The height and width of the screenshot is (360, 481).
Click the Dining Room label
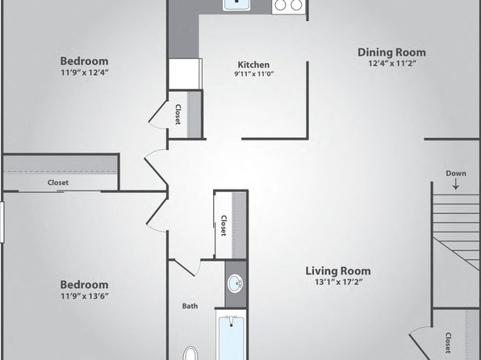[391, 52]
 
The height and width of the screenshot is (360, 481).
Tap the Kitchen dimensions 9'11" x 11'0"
[253, 73]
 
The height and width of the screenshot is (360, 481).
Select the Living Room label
[338, 271]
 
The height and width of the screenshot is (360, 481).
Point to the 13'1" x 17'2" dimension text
[339, 282]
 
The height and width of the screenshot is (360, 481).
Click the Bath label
[190, 306]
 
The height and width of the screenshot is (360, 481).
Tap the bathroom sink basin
[236, 283]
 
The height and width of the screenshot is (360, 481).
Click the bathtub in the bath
[231, 337]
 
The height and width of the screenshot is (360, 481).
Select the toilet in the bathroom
[190, 354]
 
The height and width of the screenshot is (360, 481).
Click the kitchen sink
[236, 5]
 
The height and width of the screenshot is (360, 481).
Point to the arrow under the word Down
[456, 184]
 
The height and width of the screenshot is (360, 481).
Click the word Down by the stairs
[456, 174]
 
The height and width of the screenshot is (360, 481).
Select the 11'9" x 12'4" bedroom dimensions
[85, 73]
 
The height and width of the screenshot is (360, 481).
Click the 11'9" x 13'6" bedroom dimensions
[85, 296]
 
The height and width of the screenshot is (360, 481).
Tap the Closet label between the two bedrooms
[58, 182]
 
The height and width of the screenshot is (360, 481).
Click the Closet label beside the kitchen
[178, 114]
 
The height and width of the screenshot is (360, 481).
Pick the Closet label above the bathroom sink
[224, 225]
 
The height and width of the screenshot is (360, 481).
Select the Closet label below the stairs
[448, 342]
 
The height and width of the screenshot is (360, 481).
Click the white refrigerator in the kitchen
[186, 74]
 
